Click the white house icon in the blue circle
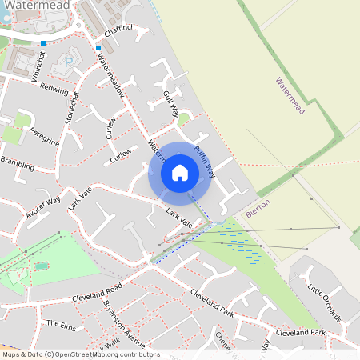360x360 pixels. (x=179, y=172)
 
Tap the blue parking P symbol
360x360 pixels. (x=68, y=61)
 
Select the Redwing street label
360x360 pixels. (x=54, y=87)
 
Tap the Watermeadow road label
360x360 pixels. (x=110, y=80)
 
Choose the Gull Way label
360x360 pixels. (x=170, y=104)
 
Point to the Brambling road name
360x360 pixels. (x=18, y=164)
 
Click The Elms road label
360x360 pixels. (x=59, y=325)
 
